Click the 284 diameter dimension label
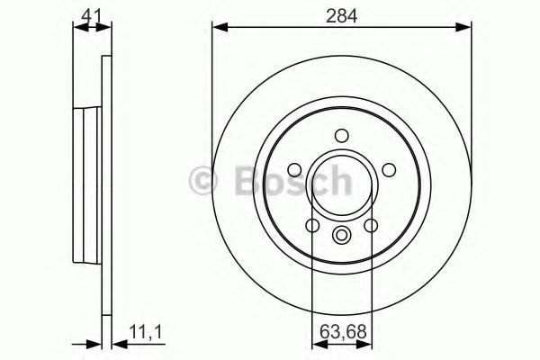[342, 16]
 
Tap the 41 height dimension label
[91, 16]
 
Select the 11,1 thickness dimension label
[146, 332]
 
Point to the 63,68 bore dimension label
[343, 332]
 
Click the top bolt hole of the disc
[342, 136]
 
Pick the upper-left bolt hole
[294, 170]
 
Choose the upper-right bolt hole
[389, 170]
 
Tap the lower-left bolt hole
[312, 226]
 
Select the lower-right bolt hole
[371, 226]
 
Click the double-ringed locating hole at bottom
[342, 235]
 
